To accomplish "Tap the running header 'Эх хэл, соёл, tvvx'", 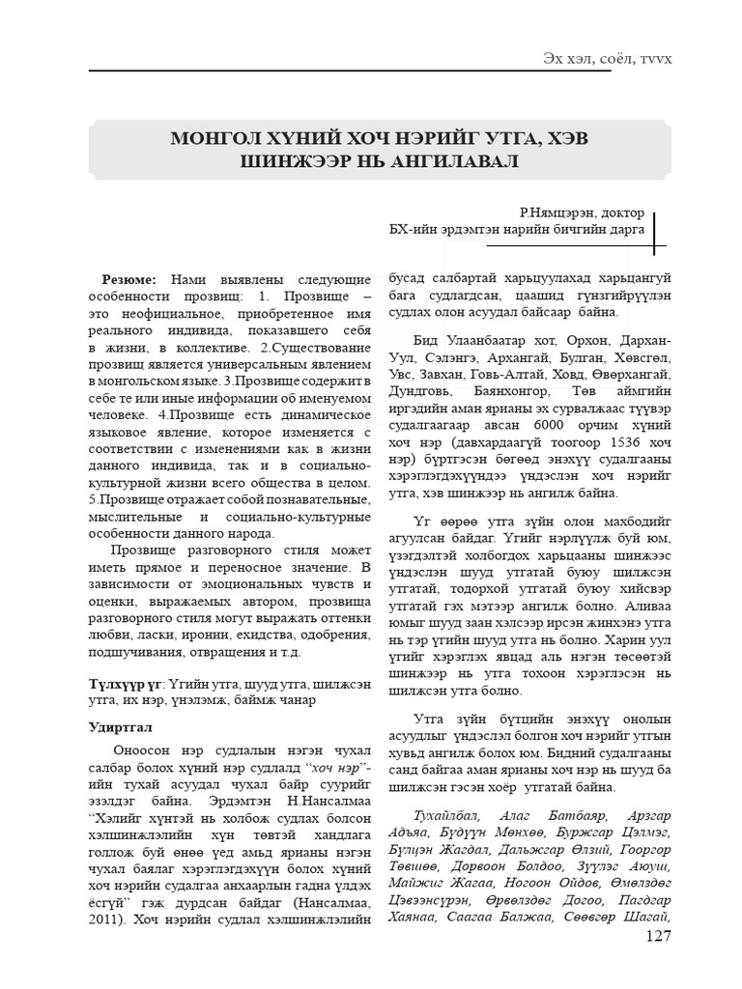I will [608, 59].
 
